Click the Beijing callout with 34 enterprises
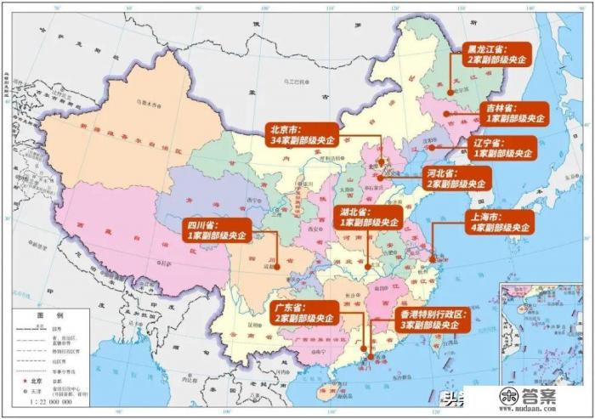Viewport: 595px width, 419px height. pyautogui.click(x=303, y=133)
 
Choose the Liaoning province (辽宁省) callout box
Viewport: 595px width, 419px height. pyautogui.click(x=503, y=148)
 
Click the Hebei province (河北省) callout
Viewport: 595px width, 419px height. pyautogui.click(x=456, y=178)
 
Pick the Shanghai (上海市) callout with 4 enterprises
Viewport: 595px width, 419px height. pyautogui.click(x=501, y=222)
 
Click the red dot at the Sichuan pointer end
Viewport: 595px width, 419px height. pyautogui.click(x=276, y=266)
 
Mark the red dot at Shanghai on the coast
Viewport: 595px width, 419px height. pyautogui.click(x=433, y=258)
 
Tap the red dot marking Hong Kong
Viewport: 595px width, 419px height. pyautogui.click(x=372, y=350)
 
